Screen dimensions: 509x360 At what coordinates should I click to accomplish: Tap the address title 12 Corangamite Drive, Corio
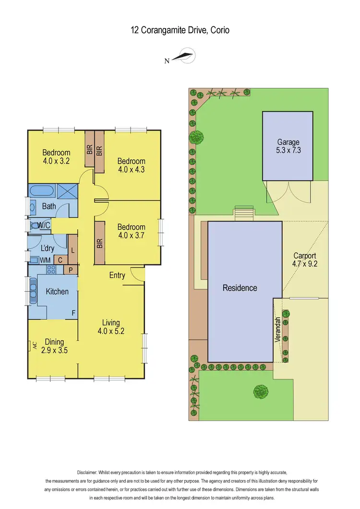[x=180, y=30]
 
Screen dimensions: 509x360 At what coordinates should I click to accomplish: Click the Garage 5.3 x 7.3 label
[x=288, y=146]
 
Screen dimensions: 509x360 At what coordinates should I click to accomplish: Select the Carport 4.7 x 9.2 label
[x=304, y=260]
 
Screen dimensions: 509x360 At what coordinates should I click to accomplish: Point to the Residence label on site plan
[x=240, y=288]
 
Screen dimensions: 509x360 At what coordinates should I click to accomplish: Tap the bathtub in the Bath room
[x=42, y=192]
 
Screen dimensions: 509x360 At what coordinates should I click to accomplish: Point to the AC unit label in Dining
[x=34, y=345]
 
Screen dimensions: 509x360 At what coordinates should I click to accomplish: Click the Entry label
[x=117, y=275]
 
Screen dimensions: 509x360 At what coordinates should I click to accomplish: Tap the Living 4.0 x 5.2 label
[x=110, y=326]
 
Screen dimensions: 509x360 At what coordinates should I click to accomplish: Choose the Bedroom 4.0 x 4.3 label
[x=131, y=165]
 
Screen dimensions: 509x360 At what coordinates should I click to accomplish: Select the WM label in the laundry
[x=45, y=260]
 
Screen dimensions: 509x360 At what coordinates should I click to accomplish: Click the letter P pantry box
[x=70, y=270]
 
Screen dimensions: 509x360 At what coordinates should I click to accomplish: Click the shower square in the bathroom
[x=67, y=192]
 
